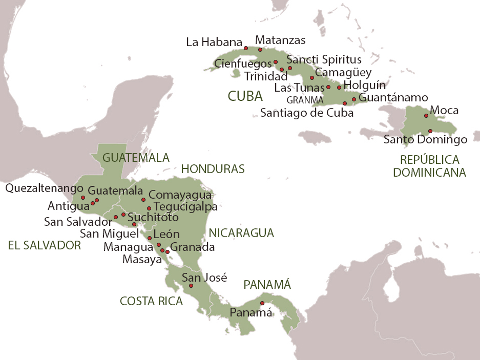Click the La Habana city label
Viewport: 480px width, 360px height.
(x=214, y=43)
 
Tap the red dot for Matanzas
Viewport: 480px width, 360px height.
(x=260, y=50)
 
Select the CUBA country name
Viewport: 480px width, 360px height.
(x=245, y=96)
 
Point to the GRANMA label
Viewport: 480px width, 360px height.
(x=305, y=100)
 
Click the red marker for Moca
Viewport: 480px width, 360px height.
(x=426, y=116)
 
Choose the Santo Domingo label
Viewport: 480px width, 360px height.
(x=425, y=139)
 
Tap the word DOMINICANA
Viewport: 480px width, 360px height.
(x=429, y=173)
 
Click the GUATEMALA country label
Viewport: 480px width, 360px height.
(x=136, y=157)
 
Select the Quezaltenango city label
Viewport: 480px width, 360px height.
(x=44, y=188)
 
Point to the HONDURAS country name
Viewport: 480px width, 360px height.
(x=213, y=169)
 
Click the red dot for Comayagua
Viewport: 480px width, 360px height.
(x=144, y=200)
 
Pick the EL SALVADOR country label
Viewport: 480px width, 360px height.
(x=45, y=245)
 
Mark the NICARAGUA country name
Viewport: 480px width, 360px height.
(x=241, y=233)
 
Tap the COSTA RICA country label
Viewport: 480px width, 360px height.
(x=151, y=301)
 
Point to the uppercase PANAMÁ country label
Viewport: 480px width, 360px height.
(x=266, y=284)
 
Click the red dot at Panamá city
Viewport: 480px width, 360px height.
(x=262, y=303)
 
